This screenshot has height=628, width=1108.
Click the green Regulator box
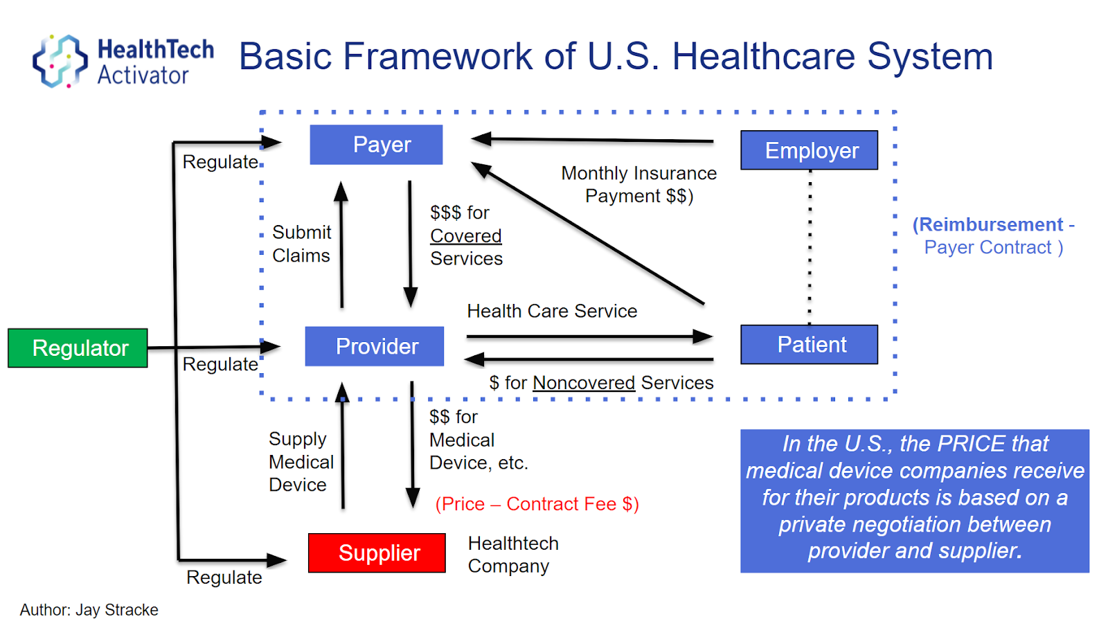pos(78,348)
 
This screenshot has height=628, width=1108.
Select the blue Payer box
pos(376,145)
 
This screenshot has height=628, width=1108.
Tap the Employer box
pos(809,150)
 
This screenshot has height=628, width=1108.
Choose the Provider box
pos(375,346)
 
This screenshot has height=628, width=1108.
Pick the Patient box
pos(809,344)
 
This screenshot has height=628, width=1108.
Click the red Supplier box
pos(377,553)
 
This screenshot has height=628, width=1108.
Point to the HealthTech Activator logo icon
pos(60,61)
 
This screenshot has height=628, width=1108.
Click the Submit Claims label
pos(301,244)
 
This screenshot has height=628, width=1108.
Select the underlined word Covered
pos(465,235)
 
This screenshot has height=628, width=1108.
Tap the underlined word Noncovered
pos(583,383)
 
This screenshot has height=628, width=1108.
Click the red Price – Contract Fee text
pos(537,504)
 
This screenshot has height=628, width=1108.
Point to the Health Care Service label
pos(552,311)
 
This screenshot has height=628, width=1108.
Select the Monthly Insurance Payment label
pos(638,184)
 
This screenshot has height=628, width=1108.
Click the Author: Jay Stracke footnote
pos(89,610)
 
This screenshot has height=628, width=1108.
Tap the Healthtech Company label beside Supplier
pos(512,555)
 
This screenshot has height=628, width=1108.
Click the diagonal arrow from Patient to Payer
pos(589,234)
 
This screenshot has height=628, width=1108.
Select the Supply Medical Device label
pos(301,462)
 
